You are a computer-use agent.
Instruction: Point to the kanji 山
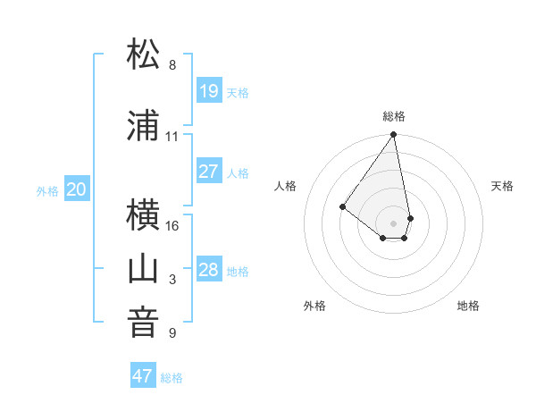(144, 268)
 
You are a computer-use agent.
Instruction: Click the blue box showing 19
(208, 91)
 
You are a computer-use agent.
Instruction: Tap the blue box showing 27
(208, 172)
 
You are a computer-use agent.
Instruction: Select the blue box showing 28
(208, 270)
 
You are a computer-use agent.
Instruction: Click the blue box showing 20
(77, 189)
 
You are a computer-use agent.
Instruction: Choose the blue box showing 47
(143, 376)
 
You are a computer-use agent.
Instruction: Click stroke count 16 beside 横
(172, 226)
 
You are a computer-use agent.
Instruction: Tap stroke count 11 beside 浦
(172, 137)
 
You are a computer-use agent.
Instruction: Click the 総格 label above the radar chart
(394, 116)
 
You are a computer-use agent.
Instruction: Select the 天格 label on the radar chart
(502, 186)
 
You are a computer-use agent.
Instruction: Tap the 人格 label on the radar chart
(286, 186)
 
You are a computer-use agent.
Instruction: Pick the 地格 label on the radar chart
(468, 306)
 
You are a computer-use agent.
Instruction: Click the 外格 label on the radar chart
(314, 306)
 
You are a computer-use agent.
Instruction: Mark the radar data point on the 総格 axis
(393, 135)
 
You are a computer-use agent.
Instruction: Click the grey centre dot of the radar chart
(393, 222)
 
